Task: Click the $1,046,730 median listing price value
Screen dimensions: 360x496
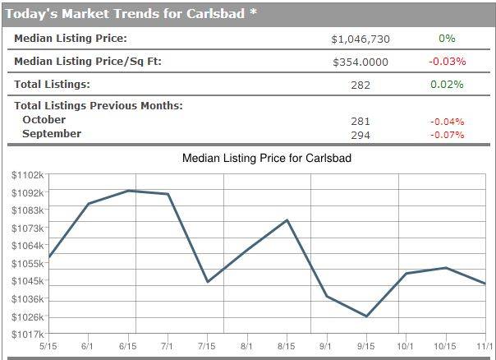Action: tap(359, 39)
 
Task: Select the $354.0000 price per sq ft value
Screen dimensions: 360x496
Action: tap(361, 62)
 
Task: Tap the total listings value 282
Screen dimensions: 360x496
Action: tap(361, 85)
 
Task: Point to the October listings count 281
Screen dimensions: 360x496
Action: tap(361, 122)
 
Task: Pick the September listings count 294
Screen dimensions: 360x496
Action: tap(361, 135)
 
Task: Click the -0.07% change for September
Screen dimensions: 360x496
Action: tap(447, 135)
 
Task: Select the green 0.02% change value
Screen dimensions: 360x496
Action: tap(447, 84)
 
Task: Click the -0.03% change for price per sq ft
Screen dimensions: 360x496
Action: tap(447, 61)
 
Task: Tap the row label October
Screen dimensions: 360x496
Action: tap(44, 120)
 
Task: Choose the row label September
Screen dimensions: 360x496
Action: tap(52, 134)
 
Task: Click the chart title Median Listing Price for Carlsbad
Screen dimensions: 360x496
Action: tap(266, 158)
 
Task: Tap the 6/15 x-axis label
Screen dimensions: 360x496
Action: tap(127, 347)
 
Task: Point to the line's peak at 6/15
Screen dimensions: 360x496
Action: tap(129, 191)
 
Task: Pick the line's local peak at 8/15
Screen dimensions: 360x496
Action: tap(287, 219)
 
